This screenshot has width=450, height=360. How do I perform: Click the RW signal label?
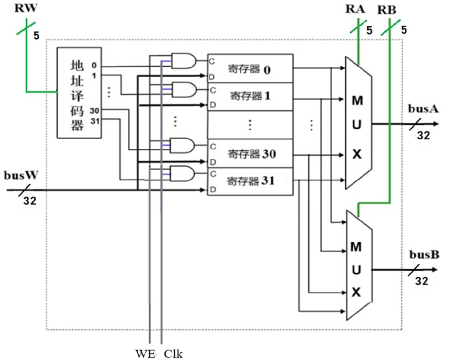[x=26, y=8]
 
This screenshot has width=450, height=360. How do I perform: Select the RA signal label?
[x=355, y=9]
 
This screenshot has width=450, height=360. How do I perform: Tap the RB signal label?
[x=386, y=10]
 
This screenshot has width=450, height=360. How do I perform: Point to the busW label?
[x=21, y=175]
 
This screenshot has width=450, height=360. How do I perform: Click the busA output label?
[x=423, y=109]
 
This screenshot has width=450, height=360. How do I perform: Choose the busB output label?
[x=424, y=255]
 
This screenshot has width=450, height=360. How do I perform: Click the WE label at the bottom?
[x=145, y=354]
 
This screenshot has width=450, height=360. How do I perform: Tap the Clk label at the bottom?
[x=173, y=354]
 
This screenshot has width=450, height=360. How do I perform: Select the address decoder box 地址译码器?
[x=79, y=93]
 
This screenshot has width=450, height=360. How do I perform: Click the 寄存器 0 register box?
[x=250, y=69]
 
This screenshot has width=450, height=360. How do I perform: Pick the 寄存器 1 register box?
[x=250, y=96]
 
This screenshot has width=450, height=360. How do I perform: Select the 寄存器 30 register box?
[x=250, y=154]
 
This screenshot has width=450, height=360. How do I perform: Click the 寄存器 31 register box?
[x=250, y=181]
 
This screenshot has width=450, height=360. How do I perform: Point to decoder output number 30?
[x=94, y=111]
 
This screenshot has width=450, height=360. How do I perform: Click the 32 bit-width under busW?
[x=29, y=201]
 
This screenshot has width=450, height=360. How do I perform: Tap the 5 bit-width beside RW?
[x=36, y=35]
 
